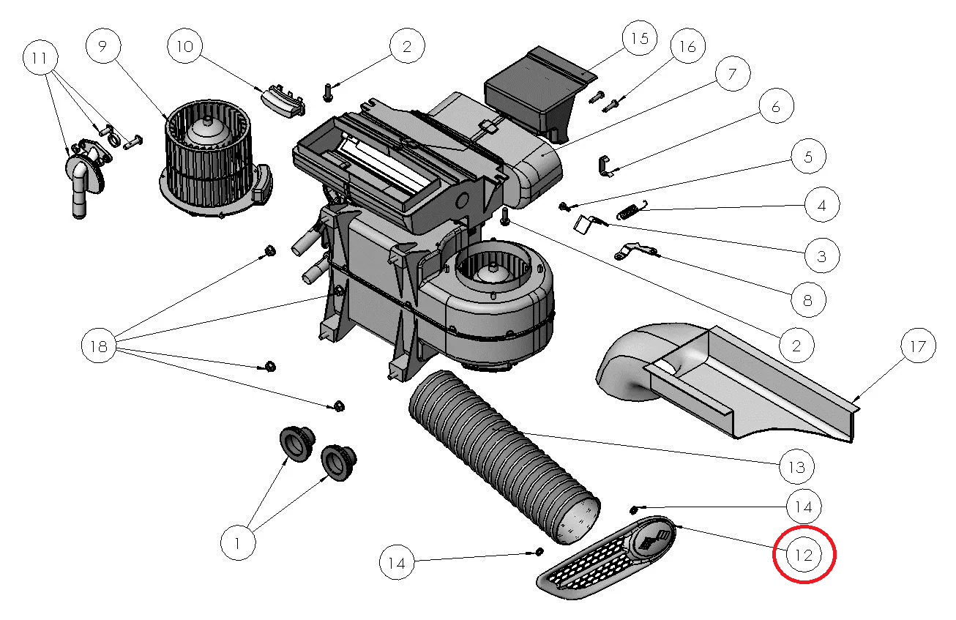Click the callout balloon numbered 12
(804, 555)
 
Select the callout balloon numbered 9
(102, 46)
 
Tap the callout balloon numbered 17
(918, 346)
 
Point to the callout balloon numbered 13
(797, 466)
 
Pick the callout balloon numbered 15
(640, 38)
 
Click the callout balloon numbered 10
(184, 46)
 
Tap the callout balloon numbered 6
(776, 108)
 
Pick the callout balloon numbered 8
(807, 299)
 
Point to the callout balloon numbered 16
(688, 48)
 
